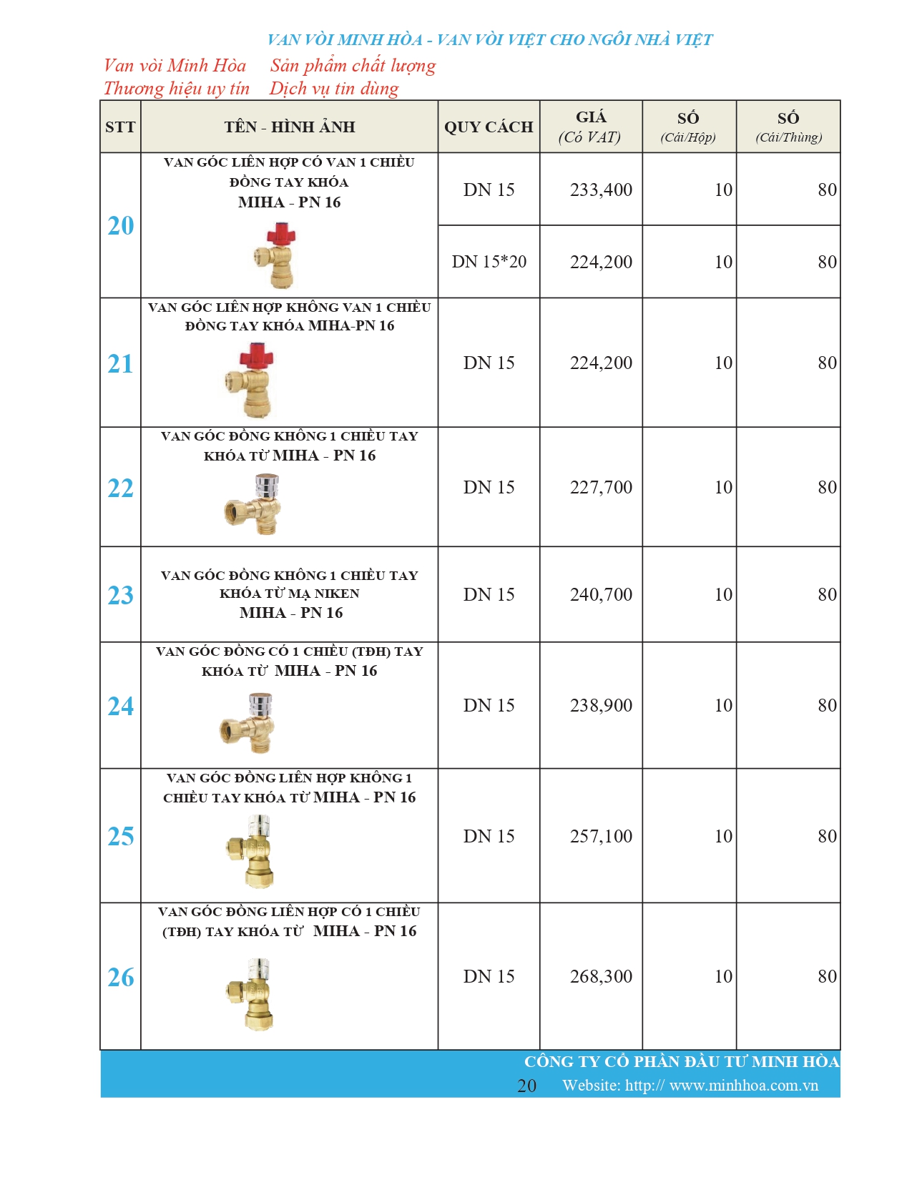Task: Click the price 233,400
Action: (x=601, y=190)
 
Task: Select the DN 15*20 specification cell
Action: (x=489, y=262)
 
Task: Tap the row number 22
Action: (x=120, y=488)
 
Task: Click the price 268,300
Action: (x=601, y=976)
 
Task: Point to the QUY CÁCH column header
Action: (x=489, y=127)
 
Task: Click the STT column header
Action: (x=120, y=127)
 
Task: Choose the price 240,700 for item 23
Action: (x=601, y=594)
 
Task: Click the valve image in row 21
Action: (x=250, y=380)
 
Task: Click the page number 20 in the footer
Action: (x=526, y=1086)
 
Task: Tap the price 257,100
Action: (x=601, y=836)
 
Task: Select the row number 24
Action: (x=120, y=706)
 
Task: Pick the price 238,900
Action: (x=601, y=705)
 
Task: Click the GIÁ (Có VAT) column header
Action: (x=590, y=127)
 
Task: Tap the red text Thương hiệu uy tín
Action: (x=177, y=89)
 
